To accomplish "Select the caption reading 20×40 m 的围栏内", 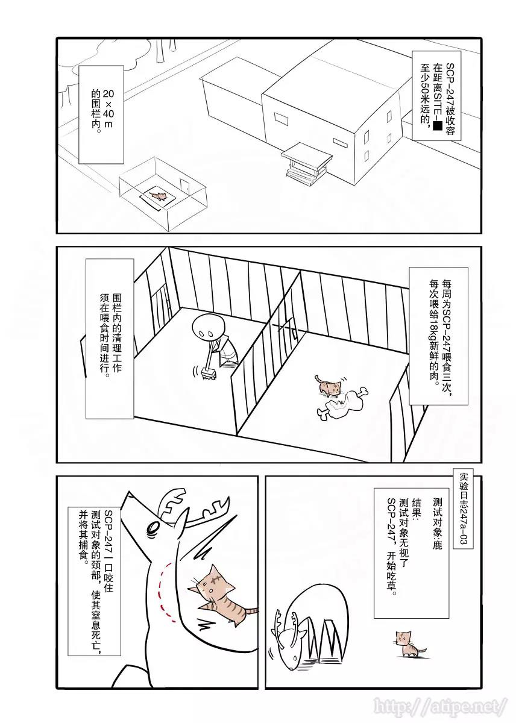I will point(101,111).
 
